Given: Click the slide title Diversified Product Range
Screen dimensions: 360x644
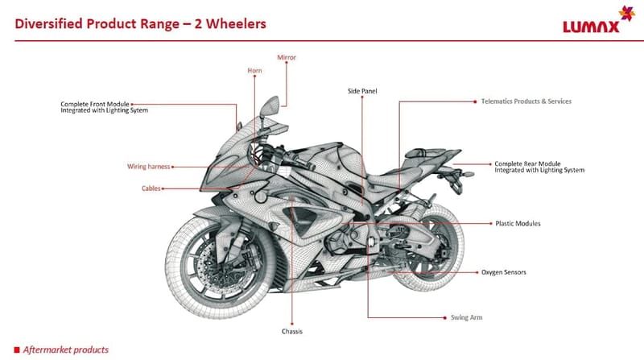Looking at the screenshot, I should (141, 23).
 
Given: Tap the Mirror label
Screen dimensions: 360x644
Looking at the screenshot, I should (287, 58).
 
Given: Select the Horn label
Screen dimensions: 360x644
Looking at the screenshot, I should (254, 71).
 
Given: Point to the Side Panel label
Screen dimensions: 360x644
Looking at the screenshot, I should (362, 91).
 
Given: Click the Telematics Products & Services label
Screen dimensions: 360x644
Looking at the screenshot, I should (526, 101).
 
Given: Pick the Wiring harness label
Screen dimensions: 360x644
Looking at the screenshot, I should (148, 167).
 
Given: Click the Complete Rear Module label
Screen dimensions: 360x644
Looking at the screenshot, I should (539, 167).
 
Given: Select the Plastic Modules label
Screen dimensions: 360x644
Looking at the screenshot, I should (518, 223).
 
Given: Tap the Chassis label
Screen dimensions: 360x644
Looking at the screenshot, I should (291, 330).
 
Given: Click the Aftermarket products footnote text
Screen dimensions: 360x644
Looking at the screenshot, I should (66, 350).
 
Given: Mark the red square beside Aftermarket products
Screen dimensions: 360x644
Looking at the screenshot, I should (16, 350).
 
